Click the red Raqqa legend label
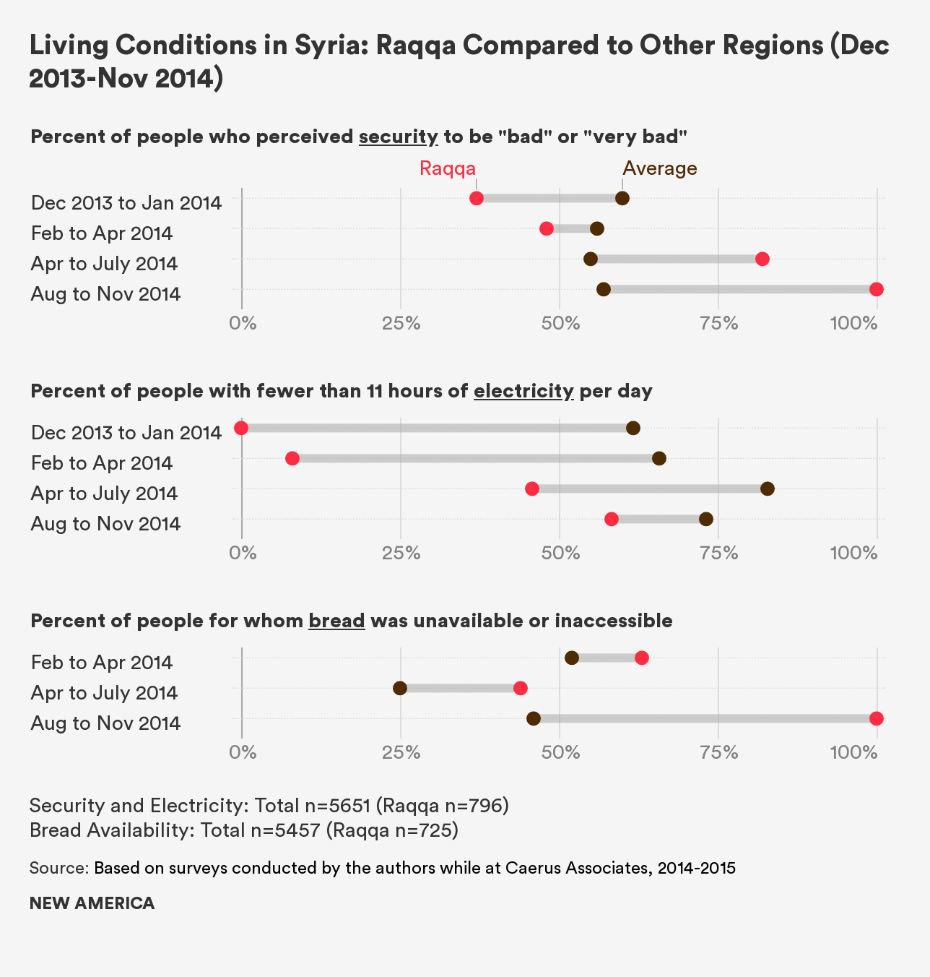pos(448,168)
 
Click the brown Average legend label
pos(660,168)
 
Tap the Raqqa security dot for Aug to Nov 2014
pos(876,289)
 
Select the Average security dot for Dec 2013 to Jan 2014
pos(622,198)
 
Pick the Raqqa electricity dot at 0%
pos(242,428)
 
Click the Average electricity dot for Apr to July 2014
pos(768,489)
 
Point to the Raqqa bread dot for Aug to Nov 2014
pos(876,718)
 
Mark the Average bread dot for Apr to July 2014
pos(400,688)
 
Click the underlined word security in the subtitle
pos(398,137)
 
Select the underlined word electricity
pos(523,391)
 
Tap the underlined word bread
pos(336,621)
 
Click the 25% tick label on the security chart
pos(401,323)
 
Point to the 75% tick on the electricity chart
pos(719,553)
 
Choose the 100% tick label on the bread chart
pos(853,752)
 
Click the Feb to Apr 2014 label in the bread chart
pos(102,662)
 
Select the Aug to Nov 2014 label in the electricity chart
pos(105,523)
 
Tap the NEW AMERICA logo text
pos(92,903)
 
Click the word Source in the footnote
pos(58,868)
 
